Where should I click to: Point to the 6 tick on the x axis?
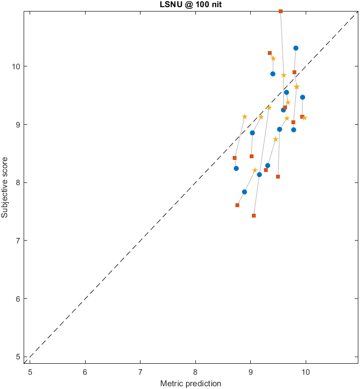85,372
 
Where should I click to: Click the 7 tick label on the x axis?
140,372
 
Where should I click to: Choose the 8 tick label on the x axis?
195,372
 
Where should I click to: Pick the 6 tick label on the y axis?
18,299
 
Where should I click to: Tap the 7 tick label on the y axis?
18,241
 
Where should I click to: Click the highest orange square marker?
280,11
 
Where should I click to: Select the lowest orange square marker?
254,215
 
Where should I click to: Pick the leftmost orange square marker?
234,158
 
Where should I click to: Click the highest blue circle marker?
296,48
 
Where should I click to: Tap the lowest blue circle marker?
244,192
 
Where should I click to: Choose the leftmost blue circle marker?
236,168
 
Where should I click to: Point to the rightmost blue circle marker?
302,97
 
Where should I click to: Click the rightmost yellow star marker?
305,118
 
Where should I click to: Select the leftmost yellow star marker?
244,116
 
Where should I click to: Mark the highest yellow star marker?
273,58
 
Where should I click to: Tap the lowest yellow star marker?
255,170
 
